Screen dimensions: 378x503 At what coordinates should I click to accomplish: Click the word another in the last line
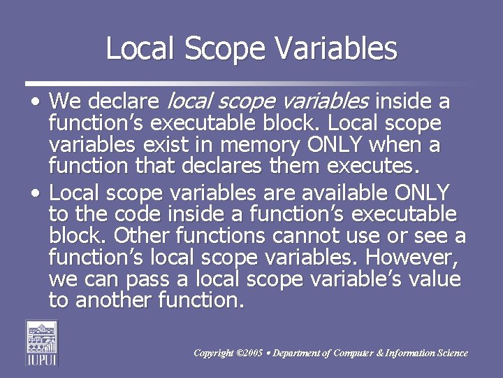[112, 302]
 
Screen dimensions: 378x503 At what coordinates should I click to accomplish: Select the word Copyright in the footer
[213, 353]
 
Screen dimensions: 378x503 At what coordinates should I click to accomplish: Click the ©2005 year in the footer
[250, 353]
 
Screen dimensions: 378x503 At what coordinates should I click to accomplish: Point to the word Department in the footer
[297, 353]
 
